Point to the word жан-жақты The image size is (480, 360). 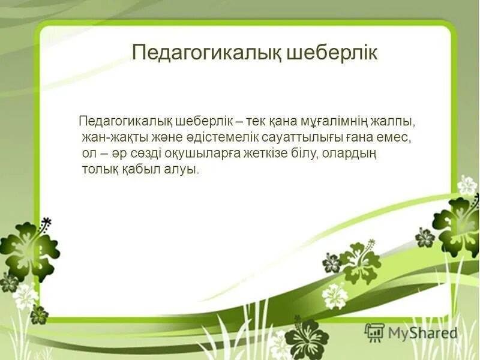[109, 137]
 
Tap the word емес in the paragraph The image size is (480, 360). [395, 137]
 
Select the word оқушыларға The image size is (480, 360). [209, 154]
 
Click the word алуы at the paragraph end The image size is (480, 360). [183, 170]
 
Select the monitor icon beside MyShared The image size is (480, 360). [374, 332]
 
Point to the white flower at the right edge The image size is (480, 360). [467, 185]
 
